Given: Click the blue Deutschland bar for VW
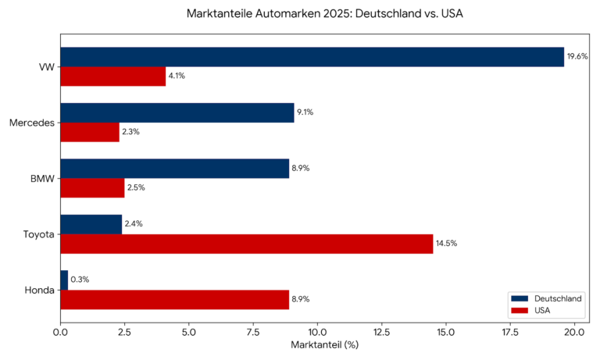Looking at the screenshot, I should click(x=312, y=57).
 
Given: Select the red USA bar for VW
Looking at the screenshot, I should click(x=112, y=76).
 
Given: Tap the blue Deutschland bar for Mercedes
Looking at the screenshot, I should click(x=177, y=112).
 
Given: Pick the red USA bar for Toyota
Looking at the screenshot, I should click(x=246, y=244).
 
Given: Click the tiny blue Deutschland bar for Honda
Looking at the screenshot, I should click(x=64, y=280).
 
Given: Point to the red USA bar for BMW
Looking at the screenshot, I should click(x=92, y=187).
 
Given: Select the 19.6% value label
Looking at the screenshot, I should click(x=577, y=57).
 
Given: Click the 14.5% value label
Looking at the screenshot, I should click(x=446, y=244).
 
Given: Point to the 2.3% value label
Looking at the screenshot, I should click(x=131, y=132).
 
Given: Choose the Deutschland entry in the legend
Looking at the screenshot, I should click(x=557, y=298).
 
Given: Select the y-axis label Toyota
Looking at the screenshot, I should click(x=39, y=234).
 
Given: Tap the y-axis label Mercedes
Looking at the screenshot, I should click(x=32, y=123).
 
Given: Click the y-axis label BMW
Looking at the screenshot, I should click(x=42, y=178).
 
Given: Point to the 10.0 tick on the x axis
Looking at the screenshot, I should click(x=317, y=332).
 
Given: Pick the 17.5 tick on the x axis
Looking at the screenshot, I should click(x=510, y=332).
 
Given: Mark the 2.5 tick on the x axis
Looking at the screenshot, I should click(x=124, y=332).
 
